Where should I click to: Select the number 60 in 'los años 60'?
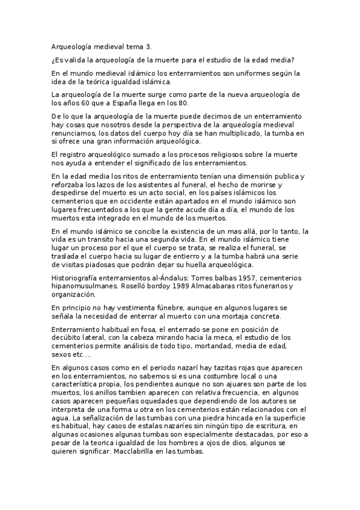click(82, 103)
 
